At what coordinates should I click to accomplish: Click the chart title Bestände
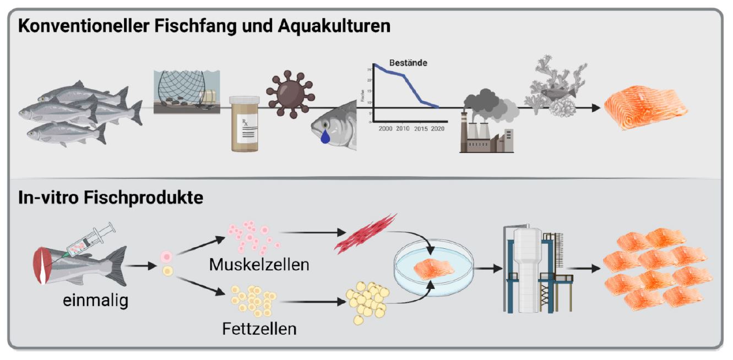tap(408, 63)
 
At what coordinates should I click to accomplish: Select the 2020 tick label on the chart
tap(437, 128)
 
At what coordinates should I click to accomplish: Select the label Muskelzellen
tap(259, 264)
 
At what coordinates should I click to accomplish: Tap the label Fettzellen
tap(259, 329)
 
